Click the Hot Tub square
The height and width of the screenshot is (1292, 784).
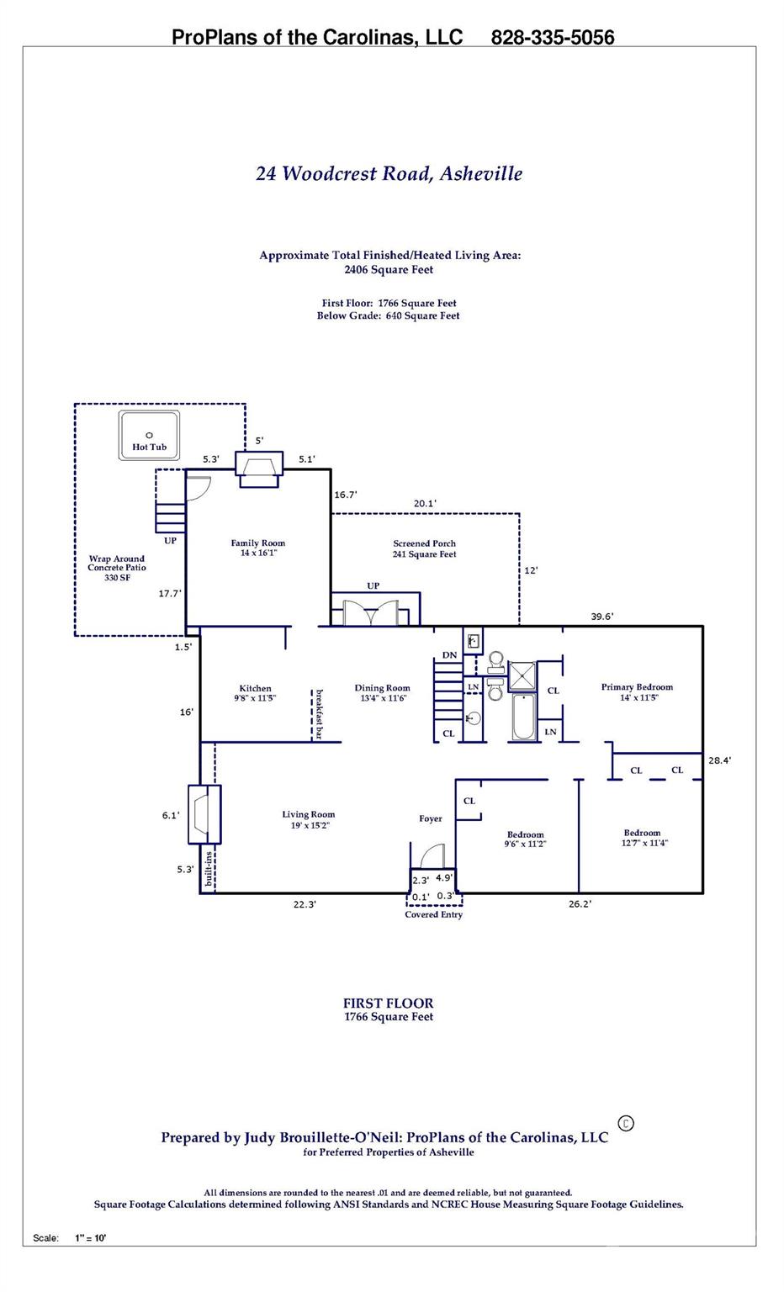149,435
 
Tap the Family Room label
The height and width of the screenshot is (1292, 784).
258,548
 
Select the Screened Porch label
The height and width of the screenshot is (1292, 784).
424,548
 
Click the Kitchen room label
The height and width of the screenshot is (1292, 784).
255,692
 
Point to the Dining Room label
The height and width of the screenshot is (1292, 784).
382,692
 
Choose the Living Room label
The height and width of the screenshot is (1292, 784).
308,819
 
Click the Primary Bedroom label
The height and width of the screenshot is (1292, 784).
637,691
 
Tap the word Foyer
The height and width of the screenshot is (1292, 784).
431,818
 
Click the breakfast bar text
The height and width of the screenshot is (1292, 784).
319,714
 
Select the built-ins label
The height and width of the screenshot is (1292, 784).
209,869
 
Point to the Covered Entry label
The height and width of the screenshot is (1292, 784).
433,914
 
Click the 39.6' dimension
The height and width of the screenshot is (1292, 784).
601,617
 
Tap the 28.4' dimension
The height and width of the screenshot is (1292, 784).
719,760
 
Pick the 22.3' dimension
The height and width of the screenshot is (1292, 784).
305,904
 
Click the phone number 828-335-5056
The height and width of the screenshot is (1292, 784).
552,37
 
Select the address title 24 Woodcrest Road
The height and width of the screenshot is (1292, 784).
389,173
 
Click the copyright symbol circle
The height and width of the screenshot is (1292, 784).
625,1123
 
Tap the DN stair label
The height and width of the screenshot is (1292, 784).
449,655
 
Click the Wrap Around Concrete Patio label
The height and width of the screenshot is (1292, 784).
117,568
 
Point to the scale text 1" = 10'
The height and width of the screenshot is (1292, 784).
91,1237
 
